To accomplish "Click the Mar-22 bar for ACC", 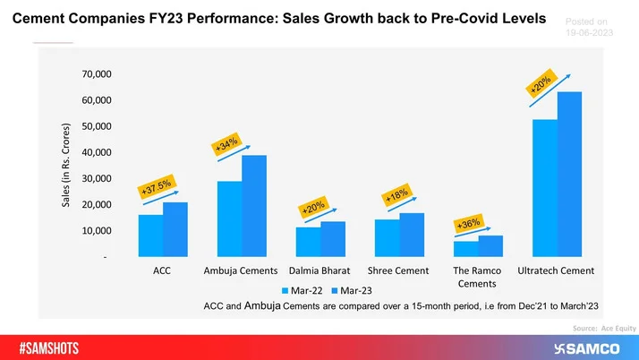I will click(x=150, y=236).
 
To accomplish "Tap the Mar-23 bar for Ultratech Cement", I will click(x=569, y=175).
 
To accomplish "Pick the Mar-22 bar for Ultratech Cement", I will click(x=544, y=188).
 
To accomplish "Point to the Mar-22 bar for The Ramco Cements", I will click(x=465, y=249).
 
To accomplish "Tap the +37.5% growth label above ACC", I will click(x=155, y=186).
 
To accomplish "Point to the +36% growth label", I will click(x=469, y=224).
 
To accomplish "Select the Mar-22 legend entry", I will click(x=302, y=290).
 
